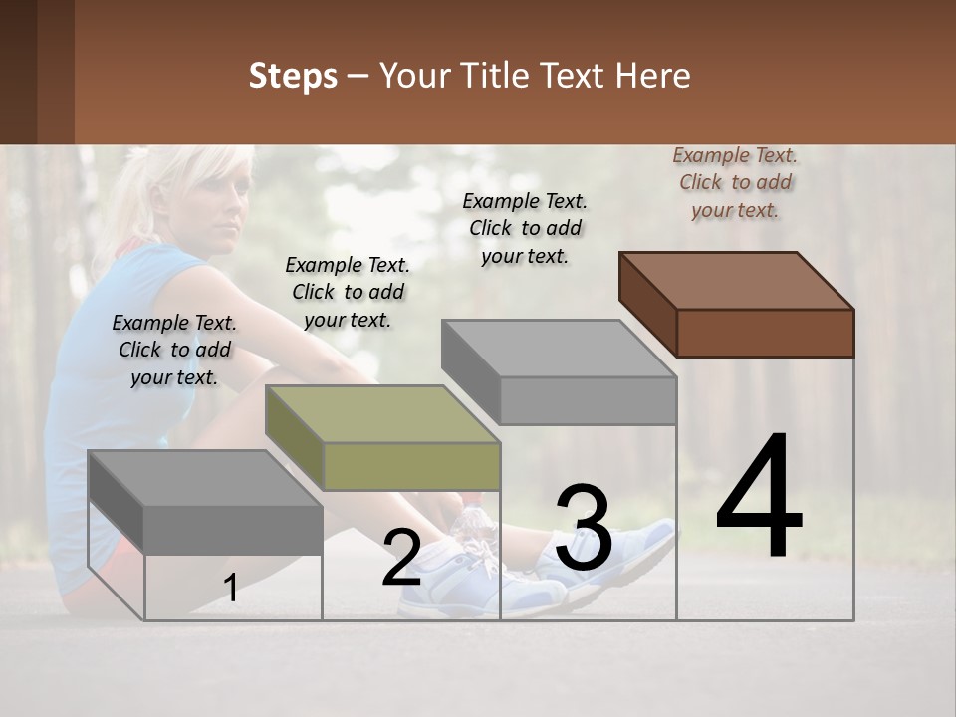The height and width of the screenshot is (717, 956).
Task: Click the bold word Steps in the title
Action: coord(293,76)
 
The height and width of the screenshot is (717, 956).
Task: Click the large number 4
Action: coord(759,498)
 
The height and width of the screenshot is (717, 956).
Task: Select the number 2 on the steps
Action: coord(401,558)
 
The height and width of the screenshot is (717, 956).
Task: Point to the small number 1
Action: coord(230,589)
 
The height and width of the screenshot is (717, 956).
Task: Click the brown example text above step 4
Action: coord(735,182)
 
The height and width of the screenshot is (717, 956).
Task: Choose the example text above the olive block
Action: coord(348,292)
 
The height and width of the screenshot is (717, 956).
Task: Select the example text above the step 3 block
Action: coord(525,228)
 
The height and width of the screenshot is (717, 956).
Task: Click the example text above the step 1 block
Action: coord(174,350)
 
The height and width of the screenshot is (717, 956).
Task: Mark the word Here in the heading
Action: coord(652,76)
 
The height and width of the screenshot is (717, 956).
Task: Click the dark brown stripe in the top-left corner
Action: coord(20,72)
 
